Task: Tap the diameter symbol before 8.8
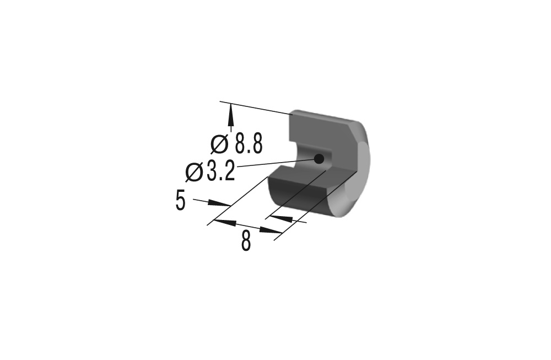point(220,144)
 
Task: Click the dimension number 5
point(180,200)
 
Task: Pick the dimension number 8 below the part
point(246,240)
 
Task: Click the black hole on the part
point(318,159)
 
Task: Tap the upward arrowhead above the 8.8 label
point(231,115)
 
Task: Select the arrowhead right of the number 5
point(219,203)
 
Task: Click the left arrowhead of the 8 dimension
point(224,222)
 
